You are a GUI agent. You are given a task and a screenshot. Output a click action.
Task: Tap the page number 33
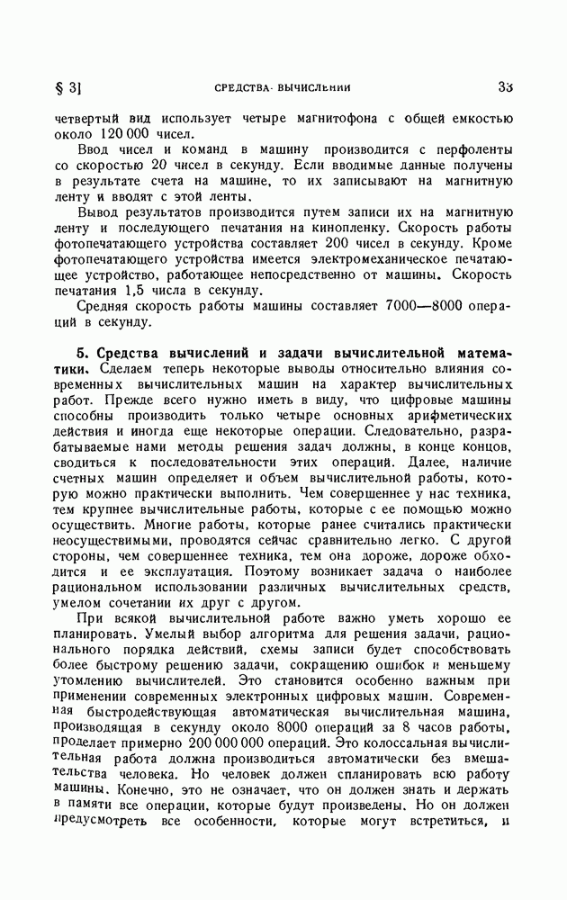pos(504,87)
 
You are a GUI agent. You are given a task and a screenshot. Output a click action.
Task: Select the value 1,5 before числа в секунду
pos(148,296)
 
